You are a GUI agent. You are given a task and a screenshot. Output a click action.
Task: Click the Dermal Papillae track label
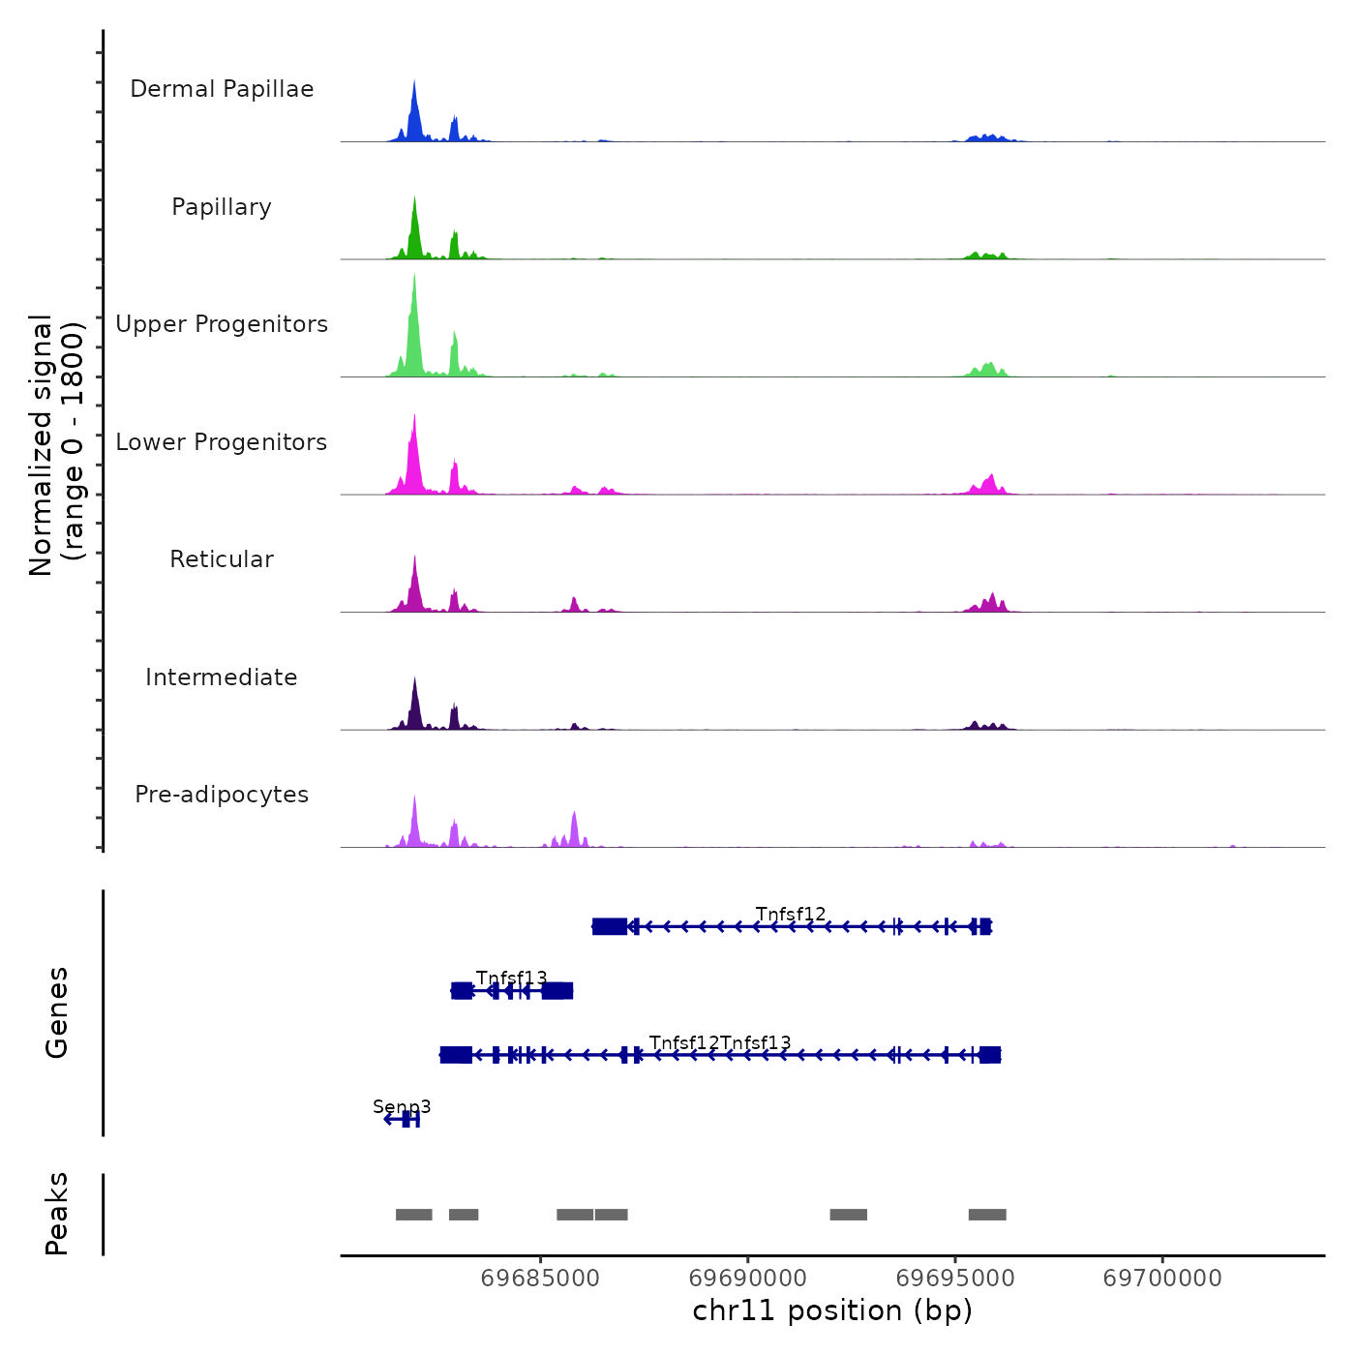[222, 89]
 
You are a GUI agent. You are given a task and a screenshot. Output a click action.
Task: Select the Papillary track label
[222, 207]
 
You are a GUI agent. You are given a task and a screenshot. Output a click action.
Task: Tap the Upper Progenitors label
[222, 324]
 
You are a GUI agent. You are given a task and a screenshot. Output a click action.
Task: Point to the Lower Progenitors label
[222, 442]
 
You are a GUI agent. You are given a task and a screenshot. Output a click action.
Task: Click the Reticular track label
[222, 559]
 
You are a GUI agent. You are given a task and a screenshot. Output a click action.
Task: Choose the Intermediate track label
[222, 677]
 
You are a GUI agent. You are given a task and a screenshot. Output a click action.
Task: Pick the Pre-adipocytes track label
[222, 795]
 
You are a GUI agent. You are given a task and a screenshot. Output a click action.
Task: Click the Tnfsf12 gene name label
[791, 914]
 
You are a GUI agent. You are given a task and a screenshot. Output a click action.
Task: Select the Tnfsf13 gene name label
[511, 978]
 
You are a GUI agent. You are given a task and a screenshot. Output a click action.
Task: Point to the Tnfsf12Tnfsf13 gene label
[720, 1042]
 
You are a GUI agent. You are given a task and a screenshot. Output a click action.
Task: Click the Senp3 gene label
[402, 1106]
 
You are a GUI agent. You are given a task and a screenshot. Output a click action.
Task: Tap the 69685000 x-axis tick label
[540, 1279]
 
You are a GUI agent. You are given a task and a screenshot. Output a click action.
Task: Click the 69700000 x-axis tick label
[1162, 1279]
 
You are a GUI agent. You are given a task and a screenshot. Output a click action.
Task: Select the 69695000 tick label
[955, 1279]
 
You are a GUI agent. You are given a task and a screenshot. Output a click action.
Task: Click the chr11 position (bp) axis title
[832, 1310]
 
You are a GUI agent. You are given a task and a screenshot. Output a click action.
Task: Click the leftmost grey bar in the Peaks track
[413, 1215]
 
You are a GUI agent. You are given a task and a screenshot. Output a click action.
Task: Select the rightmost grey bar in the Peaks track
[987, 1215]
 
